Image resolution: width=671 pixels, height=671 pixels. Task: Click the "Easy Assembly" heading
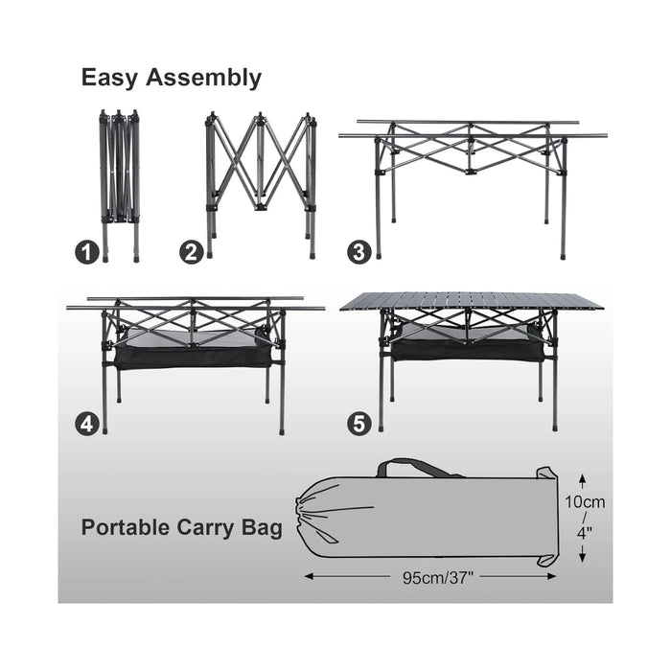click(172, 79)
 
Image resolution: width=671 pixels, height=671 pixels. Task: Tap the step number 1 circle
click(88, 253)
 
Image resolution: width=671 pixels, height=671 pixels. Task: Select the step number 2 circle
click(192, 253)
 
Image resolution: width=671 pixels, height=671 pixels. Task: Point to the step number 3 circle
click(359, 253)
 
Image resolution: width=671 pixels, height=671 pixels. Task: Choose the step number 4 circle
click(88, 424)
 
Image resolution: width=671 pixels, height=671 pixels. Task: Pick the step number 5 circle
click(359, 424)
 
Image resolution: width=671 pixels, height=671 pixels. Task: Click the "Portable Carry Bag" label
click(181, 527)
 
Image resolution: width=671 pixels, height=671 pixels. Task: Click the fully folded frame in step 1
click(119, 182)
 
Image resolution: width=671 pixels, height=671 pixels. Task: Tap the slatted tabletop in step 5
click(472, 301)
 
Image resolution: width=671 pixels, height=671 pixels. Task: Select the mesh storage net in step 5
click(470, 347)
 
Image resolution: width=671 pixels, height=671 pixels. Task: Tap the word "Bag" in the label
click(264, 527)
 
